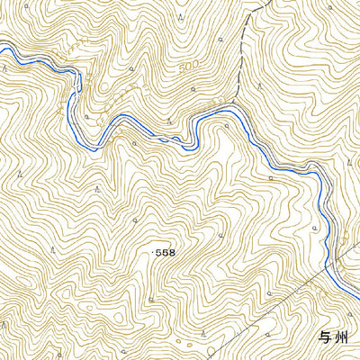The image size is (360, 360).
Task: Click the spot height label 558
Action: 166,254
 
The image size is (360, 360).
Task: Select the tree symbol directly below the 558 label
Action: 151,297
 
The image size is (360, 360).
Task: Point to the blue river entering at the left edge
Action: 2,49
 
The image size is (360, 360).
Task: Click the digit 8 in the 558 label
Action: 172,254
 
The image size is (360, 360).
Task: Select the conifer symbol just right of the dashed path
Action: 259,85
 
